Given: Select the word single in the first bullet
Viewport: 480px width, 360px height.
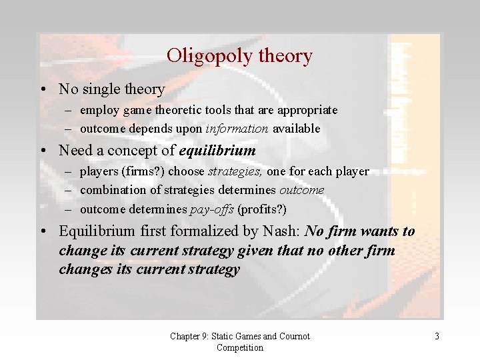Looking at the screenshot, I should (x=103, y=89).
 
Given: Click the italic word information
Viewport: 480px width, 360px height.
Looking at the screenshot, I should (x=237, y=129).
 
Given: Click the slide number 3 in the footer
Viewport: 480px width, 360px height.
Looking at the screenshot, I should (x=437, y=337).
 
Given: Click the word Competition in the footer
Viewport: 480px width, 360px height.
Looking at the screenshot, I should (x=240, y=348).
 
